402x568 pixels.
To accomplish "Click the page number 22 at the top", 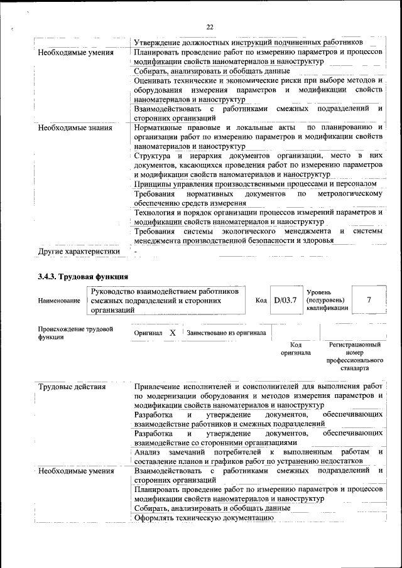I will (x=210, y=26).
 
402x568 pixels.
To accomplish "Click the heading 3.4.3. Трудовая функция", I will (x=83, y=276).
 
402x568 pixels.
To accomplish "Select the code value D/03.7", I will (x=285, y=300).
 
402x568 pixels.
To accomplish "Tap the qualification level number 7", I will (x=369, y=300).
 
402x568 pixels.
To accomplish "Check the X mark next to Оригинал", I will (x=172, y=333).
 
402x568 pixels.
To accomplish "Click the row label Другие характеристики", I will (x=79, y=252).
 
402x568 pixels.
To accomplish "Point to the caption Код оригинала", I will (x=296, y=348).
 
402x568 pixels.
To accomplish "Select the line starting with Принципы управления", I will (x=256, y=184).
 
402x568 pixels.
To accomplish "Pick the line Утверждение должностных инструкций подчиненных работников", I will (x=248, y=43).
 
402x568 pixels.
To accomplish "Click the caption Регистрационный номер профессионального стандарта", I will (x=355, y=356).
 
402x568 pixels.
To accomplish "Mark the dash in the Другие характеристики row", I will (x=135, y=252).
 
